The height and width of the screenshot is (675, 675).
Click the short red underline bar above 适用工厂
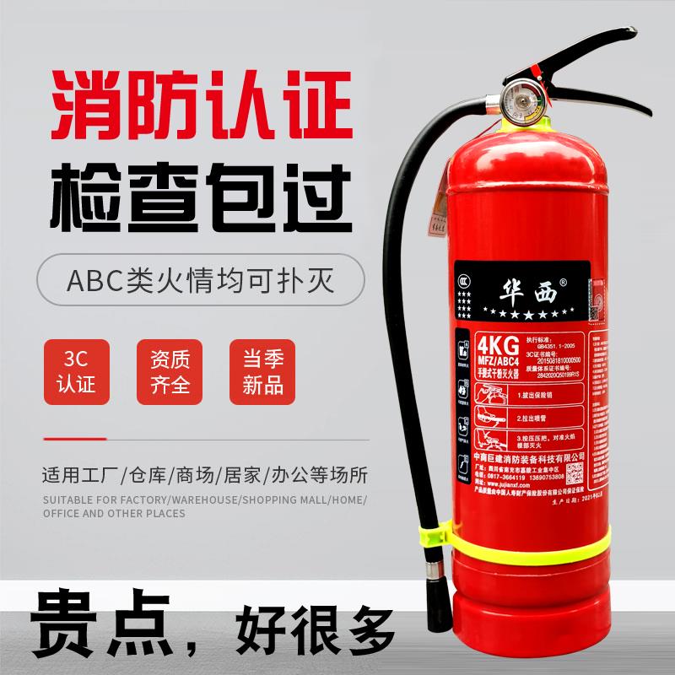tap(74, 438)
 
